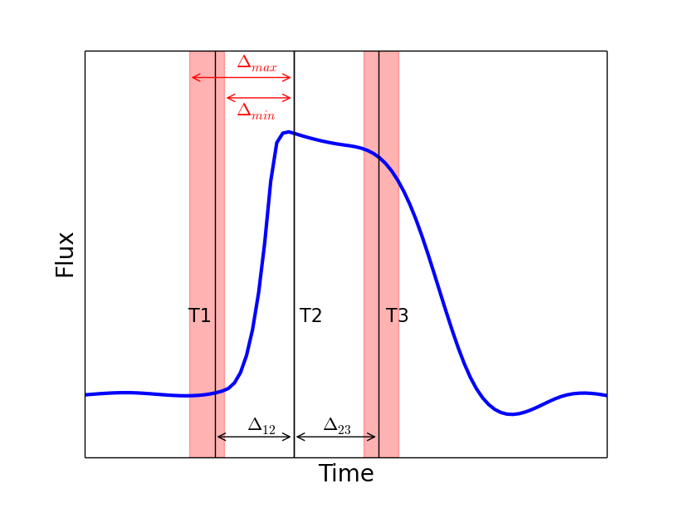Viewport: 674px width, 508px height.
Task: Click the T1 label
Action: (199, 316)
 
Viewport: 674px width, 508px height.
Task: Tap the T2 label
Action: (310, 316)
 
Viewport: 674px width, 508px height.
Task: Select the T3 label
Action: (397, 316)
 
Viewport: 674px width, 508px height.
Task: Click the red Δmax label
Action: (256, 62)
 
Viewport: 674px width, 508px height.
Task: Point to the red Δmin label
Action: (256, 111)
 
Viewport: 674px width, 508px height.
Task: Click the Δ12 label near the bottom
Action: (261, 426)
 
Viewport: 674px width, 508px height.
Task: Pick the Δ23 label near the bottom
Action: (337, 426)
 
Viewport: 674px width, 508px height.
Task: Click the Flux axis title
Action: (65, 255)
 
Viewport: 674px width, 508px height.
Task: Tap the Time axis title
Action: (346, 474)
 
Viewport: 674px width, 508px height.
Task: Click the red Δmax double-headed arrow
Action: (242, 78)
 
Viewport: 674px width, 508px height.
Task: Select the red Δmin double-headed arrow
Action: (259, 98)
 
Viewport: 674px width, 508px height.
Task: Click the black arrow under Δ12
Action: (254, 437)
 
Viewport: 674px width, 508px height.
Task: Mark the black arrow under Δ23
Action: (336, 437)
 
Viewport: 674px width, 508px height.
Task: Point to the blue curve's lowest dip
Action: (511, 413)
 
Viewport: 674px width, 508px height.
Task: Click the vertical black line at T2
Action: (294, 249)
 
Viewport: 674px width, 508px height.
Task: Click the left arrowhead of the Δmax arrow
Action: (193, 78)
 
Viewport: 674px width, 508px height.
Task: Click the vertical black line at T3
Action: (379, 249)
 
